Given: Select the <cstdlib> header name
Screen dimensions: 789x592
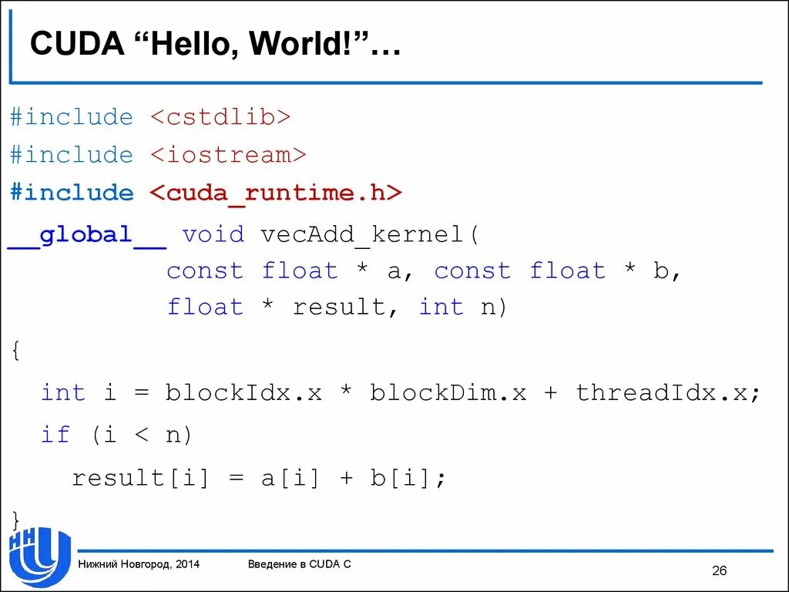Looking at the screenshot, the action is (220, 117).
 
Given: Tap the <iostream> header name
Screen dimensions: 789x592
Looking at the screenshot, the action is (228, 155).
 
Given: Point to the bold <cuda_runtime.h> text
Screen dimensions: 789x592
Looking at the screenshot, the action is (276, 193).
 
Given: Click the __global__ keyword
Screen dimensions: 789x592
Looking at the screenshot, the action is (86, 234).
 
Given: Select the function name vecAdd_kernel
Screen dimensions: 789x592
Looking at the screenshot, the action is (361, 234).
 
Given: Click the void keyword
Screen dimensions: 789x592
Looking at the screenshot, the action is (213, 234).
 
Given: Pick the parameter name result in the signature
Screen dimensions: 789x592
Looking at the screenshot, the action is (339, 308).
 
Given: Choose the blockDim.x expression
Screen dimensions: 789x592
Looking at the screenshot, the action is (448, 392).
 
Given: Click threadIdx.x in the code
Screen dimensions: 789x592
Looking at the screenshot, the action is (663, 392).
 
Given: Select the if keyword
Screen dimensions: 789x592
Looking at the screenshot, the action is (55, 435).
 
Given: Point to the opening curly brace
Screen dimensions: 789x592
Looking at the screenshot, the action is (16, 351).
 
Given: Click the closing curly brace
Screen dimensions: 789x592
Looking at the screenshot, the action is (16, 518).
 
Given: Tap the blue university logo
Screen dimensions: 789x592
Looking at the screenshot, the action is (39, 557).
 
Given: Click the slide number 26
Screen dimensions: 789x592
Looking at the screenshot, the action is (719, 570).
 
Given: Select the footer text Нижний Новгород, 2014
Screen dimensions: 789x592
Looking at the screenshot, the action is (139, 564).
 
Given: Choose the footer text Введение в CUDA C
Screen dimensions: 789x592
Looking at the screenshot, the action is (299, 564).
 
